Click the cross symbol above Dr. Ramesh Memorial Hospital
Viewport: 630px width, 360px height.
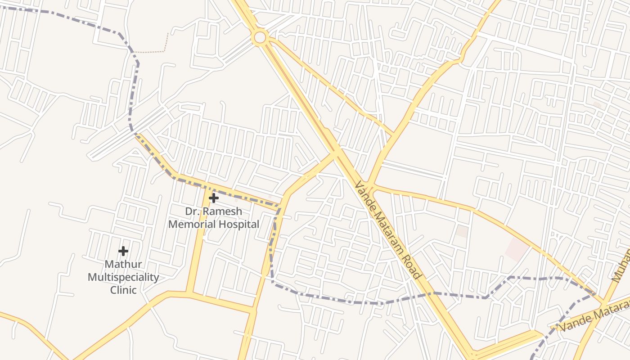coord(214,198)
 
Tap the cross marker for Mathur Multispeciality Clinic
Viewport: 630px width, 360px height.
coord(123,251)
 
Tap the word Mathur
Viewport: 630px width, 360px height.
coord(123,264)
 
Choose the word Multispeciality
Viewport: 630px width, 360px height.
coord(123,277)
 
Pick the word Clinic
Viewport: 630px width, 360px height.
coord(123,290)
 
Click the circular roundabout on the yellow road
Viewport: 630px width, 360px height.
coord(260,37)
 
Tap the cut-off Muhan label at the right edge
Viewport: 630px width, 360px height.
coord(621,266)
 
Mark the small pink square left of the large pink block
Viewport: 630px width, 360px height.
coord(462,231)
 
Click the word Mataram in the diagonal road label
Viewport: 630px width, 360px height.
coord(389,233)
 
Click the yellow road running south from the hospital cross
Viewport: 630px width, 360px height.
coord(198,252)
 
